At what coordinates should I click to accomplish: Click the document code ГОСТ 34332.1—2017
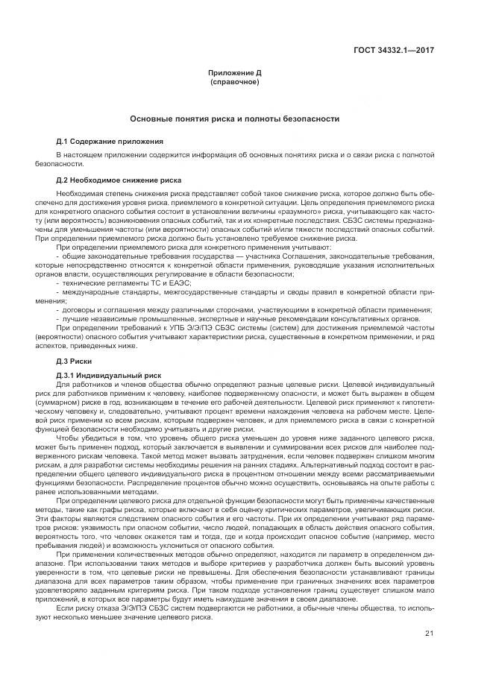395,51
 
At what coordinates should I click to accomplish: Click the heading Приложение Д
234,74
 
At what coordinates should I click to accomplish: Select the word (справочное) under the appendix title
234,81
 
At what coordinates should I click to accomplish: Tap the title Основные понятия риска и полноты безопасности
234,119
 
